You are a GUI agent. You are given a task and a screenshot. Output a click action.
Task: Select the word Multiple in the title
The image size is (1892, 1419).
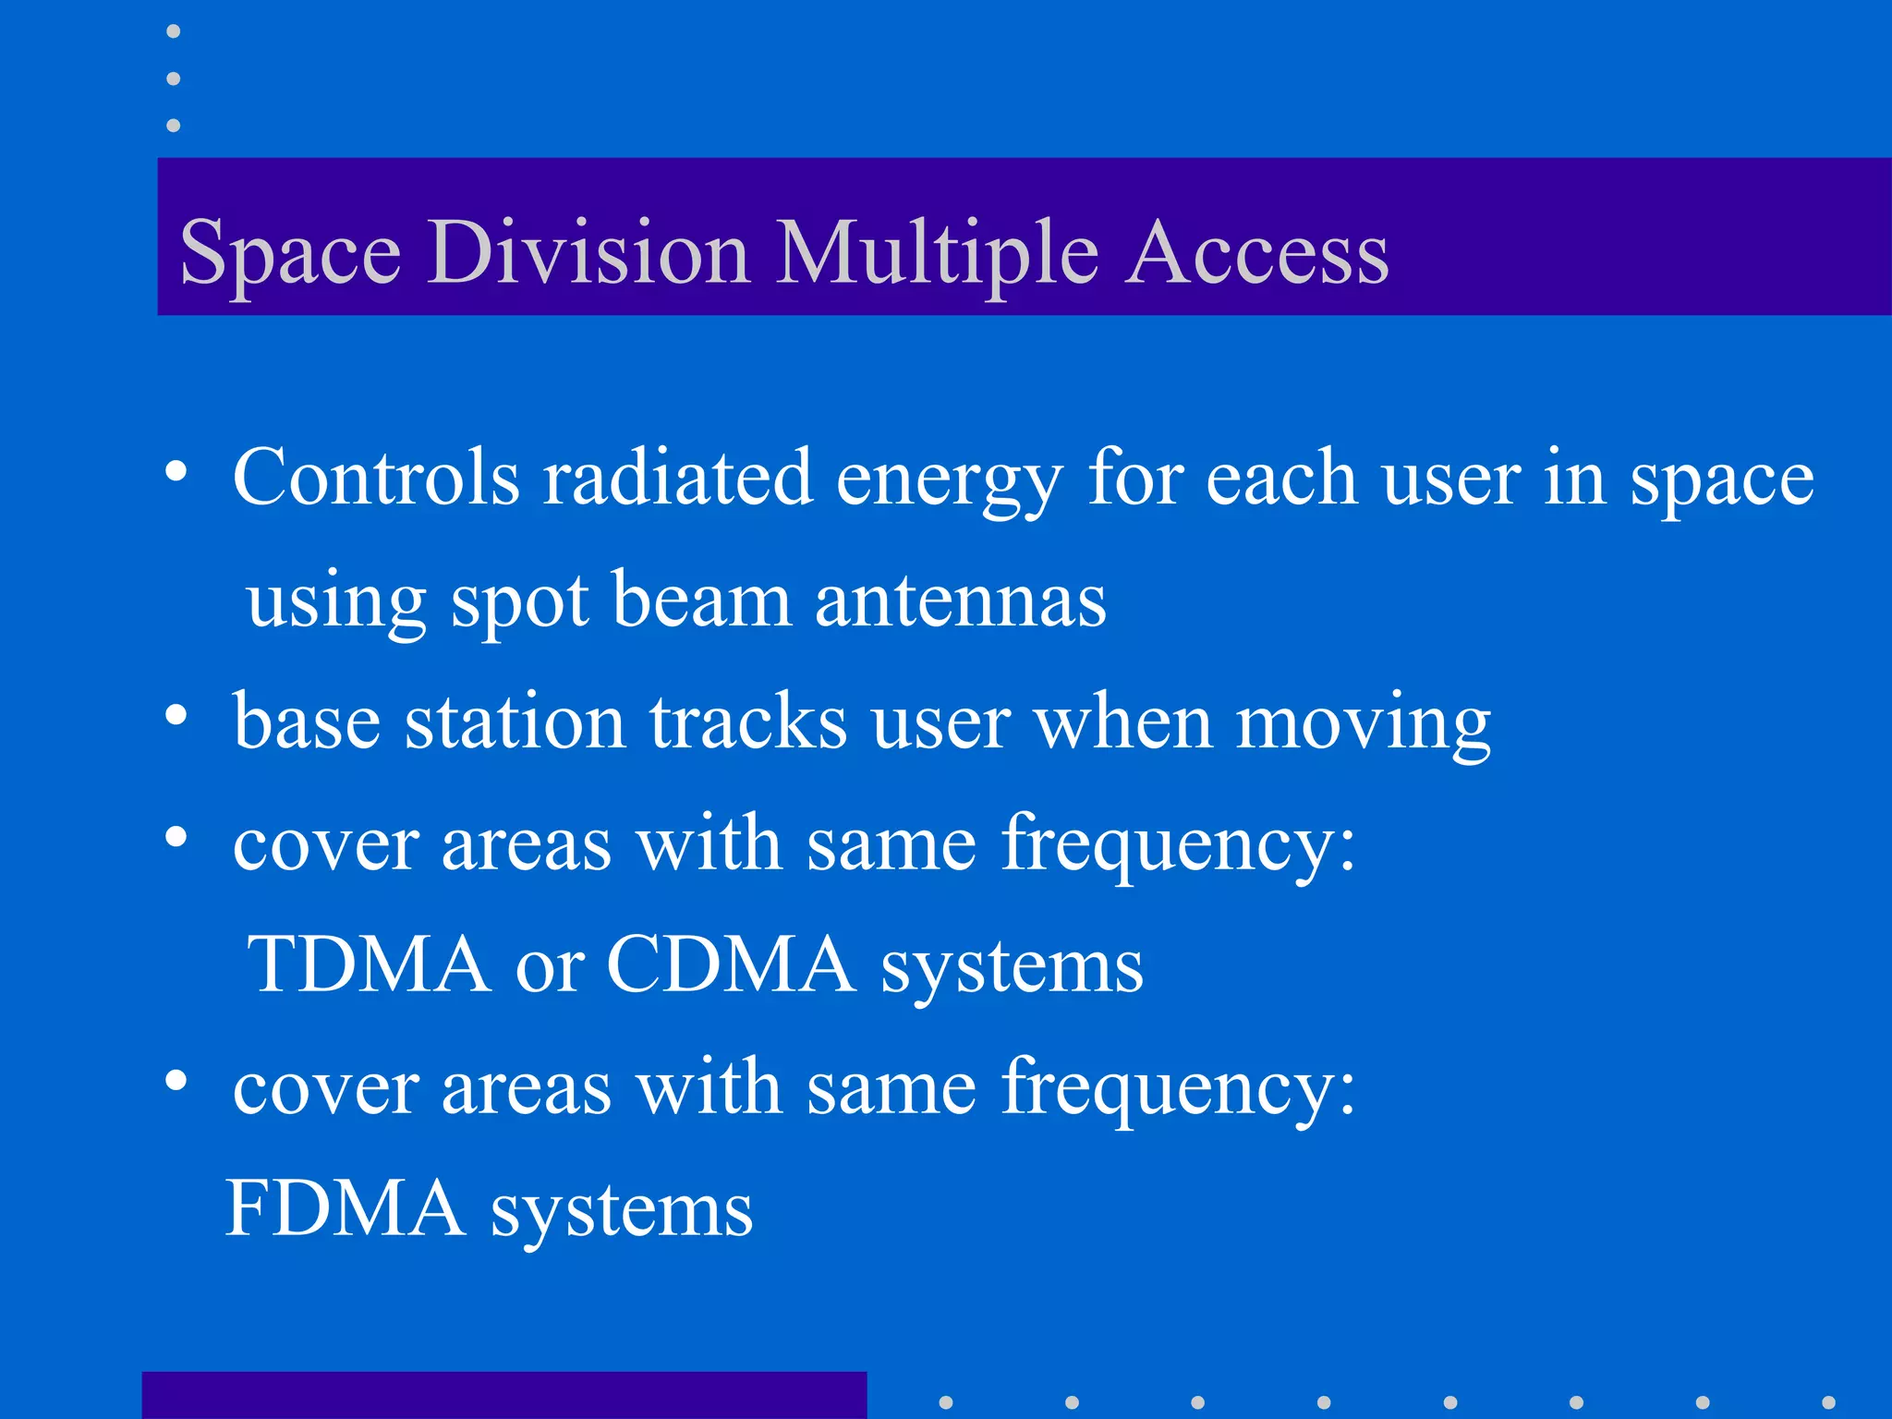(x=937, y=253)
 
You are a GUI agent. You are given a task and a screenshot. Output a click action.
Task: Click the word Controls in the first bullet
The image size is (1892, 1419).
(x=376, y=478)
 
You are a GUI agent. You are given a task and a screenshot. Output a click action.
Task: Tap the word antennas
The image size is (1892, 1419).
(x=960, y=601)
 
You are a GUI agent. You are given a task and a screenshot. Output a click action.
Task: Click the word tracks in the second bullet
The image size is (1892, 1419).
(x=748, y=722)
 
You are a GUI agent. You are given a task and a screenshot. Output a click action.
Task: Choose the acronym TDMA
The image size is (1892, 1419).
(x=370, y=964)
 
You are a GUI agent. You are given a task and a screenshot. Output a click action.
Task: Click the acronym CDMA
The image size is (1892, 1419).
(x=731, y=964)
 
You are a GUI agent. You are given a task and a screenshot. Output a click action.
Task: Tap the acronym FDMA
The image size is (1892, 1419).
(x=346, y=1208)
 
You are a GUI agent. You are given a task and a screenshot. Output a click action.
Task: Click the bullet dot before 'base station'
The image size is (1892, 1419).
(x=176, y=715)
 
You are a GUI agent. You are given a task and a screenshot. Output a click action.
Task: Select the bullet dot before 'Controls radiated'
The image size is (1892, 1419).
(x=176, y=472)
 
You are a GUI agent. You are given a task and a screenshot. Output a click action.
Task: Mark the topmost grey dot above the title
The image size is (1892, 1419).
(x=173, y=32)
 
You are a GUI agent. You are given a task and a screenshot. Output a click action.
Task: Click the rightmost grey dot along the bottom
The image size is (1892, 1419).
(x=1828, y=1402)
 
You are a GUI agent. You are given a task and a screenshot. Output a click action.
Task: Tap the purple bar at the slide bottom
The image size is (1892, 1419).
(x=503, y=1396)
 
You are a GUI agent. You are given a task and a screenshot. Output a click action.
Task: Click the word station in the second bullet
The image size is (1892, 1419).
(x=515, y=722)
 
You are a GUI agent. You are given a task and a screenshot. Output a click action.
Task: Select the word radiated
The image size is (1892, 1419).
(x=676, y=478)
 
